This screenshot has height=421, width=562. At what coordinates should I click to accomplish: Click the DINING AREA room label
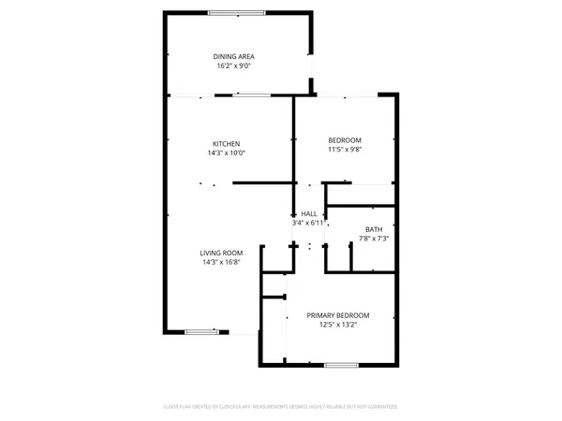click(233, 57)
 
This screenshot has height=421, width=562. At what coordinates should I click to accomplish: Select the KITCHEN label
click(226, 143)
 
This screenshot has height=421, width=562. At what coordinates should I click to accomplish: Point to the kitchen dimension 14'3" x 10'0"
click(226, 153)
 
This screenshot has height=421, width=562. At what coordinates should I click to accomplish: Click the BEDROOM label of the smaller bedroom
click(345, 139)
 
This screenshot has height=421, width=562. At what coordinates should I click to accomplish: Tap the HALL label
click(309, 214)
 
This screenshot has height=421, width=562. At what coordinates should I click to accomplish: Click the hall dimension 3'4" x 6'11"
click(309, 224)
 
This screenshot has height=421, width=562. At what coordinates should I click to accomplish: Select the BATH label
click(373, 228)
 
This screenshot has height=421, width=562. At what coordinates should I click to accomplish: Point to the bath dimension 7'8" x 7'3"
click(373, 239)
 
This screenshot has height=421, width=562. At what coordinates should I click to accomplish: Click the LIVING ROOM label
click(221, 253)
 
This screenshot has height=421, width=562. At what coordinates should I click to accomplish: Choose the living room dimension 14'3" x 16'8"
click(221, 263)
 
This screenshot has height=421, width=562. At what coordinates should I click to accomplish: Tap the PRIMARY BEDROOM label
click(338, 315)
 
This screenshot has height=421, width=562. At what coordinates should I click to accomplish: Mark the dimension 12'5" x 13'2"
click(338, 326)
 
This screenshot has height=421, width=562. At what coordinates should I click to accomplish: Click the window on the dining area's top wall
click(235, 12)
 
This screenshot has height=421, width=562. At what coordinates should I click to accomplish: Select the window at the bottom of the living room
click(199, 332)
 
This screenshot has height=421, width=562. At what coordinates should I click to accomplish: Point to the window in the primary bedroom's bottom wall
click(339, 364)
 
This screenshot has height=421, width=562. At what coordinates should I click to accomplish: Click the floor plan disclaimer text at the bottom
click(281, 407)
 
